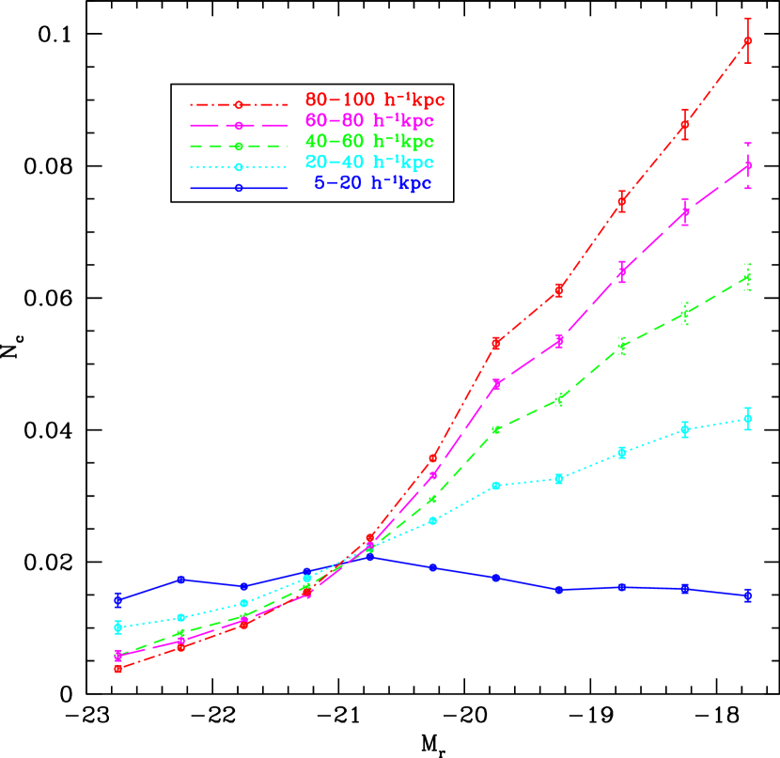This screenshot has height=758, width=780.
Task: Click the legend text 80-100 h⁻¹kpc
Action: click(x=374, y=100)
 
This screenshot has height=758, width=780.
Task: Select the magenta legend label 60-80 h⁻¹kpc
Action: click(x=369, y=120)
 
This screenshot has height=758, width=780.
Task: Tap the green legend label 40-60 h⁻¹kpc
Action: click(x=369, y=142)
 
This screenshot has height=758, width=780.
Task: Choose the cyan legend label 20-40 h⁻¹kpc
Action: click(x=369, y=162)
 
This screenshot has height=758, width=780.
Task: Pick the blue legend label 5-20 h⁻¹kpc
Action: click(x=372, y=183)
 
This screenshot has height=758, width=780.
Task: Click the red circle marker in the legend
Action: click(x=239, y=105)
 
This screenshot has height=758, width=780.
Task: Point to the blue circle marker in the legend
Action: click(x=239, y=188)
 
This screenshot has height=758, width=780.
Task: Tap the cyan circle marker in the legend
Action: click(x=239, y=167)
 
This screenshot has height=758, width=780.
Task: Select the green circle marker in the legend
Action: click(x=239, y=147)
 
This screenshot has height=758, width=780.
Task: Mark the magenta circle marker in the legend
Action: click(x=239, y=126)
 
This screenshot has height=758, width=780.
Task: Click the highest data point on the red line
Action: click(x=748, y=41)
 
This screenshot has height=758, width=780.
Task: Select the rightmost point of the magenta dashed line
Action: click(x=748, y=166)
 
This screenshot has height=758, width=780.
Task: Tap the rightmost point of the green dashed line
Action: click(x=748, y=277)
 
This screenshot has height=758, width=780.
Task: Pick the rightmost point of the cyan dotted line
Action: click(x=748, y=419)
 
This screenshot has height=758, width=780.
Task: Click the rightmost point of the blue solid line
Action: click(x=748, y=595)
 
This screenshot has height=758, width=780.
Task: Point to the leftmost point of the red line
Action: click(x=118, y=669)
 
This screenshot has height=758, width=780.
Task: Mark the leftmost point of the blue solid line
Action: click(x=118, y=599)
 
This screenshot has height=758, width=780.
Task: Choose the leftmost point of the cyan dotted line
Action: click(x=118, y=627)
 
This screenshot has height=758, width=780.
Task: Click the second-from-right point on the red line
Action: click(x=685, y=124)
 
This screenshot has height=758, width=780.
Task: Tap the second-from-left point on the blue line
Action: click(x=181, y=580)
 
